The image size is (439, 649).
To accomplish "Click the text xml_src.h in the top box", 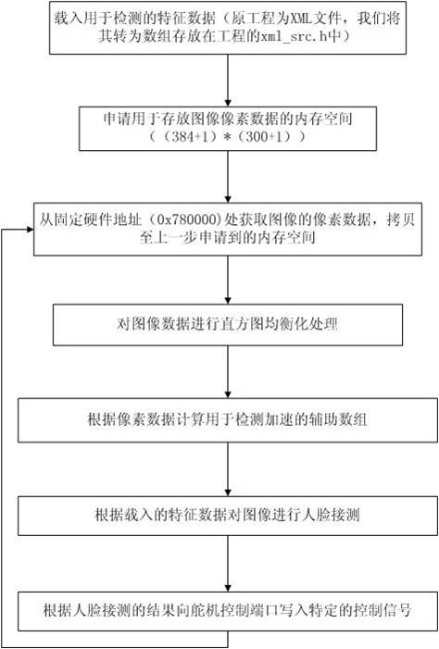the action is (293, 37).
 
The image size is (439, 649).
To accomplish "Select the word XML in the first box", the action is (302, 19).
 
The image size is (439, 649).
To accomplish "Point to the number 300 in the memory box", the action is (256, 137).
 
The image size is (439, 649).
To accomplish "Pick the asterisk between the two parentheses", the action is (227, 137).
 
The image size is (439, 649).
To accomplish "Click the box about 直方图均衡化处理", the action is (227, 325).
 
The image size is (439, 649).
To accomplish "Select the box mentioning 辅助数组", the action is (227, 420).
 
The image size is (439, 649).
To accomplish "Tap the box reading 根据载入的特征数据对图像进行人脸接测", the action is (227, 516).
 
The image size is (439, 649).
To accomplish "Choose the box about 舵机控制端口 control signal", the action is (227, 611).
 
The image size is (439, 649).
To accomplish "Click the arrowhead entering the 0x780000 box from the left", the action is (30, 230).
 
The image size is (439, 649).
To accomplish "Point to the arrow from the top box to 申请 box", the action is (227, 81).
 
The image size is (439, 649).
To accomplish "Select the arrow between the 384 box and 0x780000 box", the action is (227, 176).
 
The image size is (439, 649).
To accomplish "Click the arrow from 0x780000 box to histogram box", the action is (227, 280).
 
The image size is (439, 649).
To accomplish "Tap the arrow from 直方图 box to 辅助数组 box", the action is (227, 371).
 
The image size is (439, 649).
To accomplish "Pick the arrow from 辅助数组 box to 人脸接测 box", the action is (227, 469).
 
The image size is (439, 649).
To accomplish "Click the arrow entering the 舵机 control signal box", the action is (227, 564).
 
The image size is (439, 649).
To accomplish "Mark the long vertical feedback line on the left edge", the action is (2, 438).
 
